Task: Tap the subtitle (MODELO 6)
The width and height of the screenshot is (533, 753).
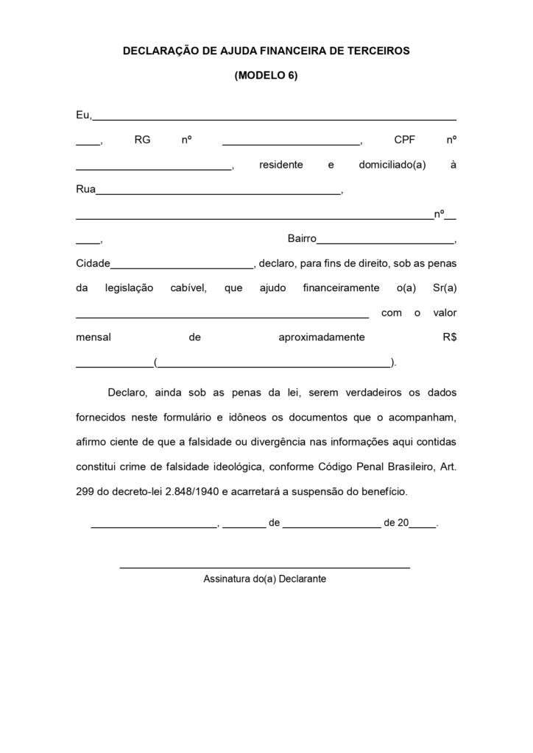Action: coord(266,75)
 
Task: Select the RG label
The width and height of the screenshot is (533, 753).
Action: coord(142,140)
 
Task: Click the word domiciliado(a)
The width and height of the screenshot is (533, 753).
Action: coord(392,165)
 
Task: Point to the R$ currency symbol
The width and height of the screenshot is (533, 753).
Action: coord(446,338)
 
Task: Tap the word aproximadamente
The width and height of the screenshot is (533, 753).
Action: coord(322,338)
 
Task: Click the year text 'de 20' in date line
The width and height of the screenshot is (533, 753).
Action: coord(395,524)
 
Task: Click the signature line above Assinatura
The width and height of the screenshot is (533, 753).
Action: coord(264,567)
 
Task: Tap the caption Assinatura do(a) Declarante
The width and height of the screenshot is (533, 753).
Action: coord(264,579)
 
